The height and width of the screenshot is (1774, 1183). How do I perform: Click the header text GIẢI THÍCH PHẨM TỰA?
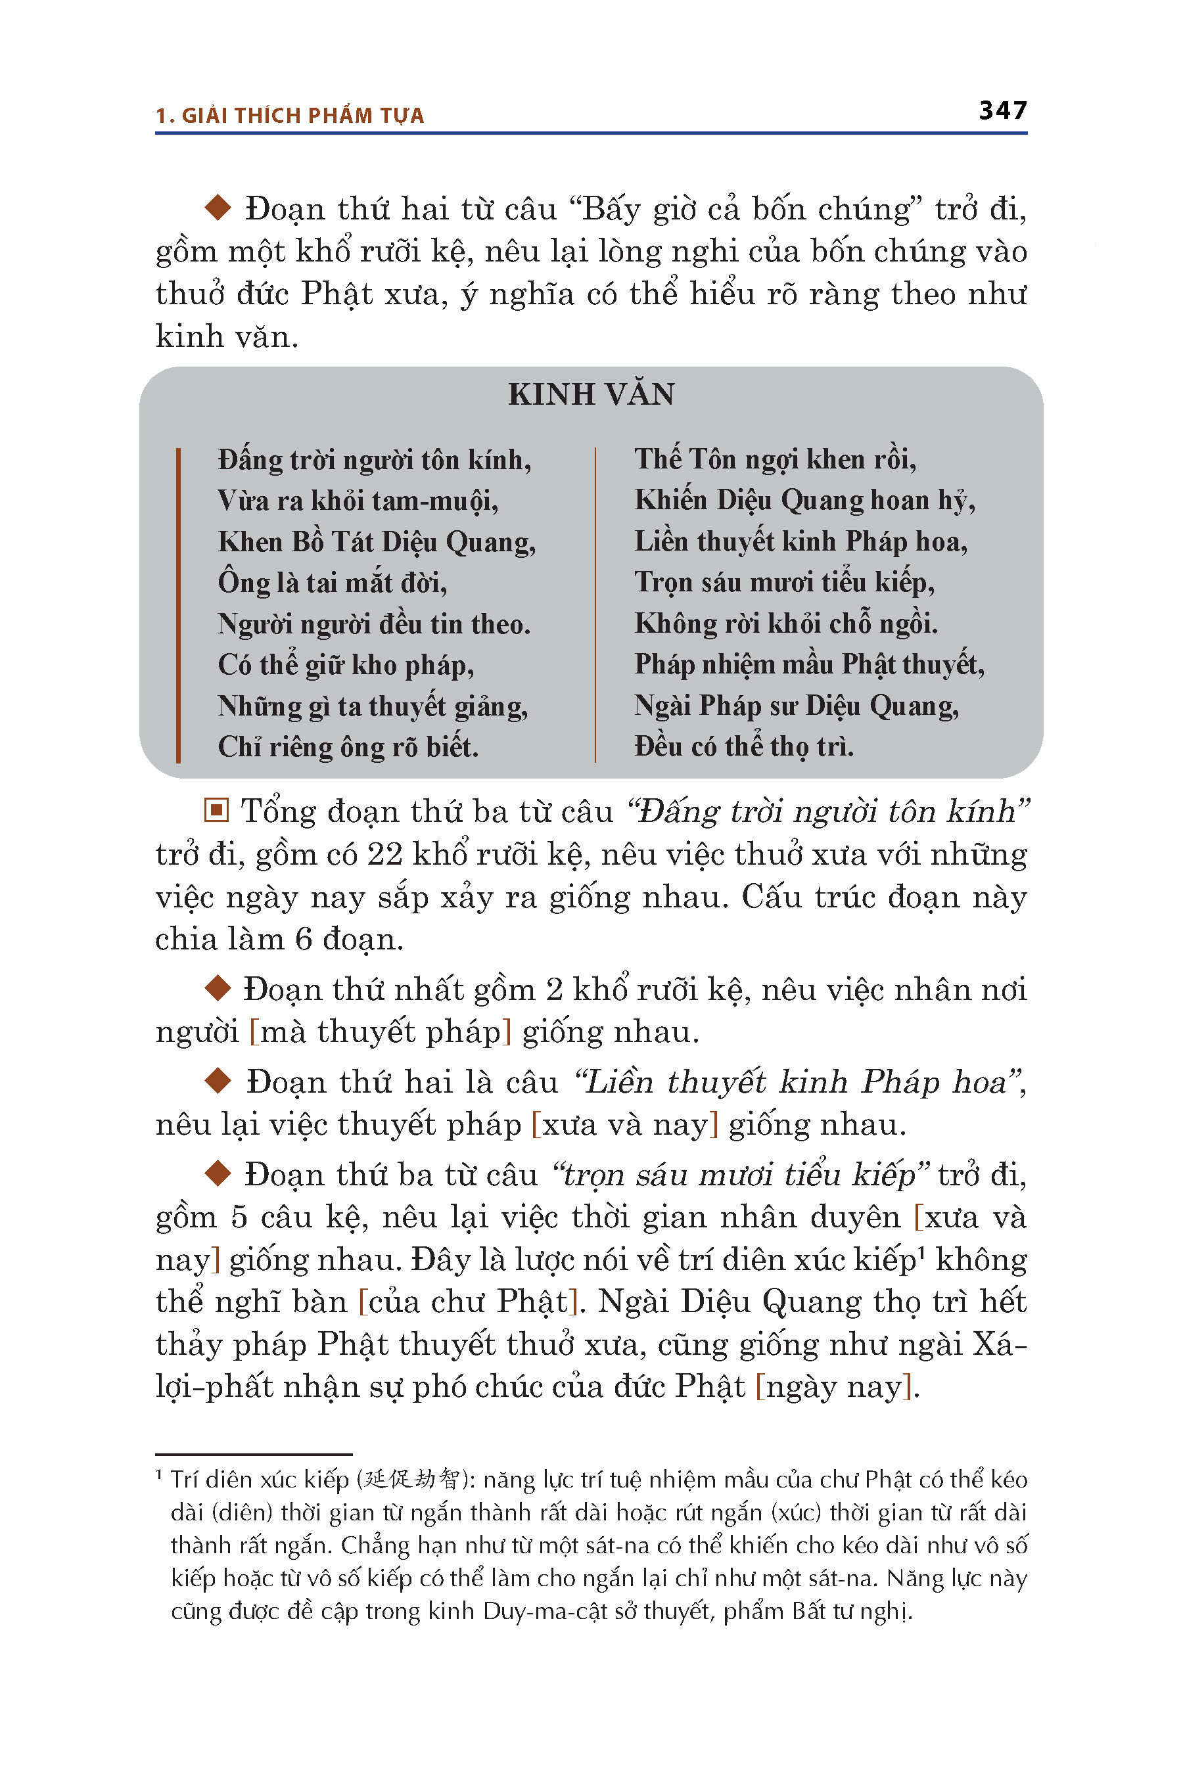click(x=302, y=116)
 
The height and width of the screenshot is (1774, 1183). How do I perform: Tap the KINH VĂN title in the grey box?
click(x=591, y=394)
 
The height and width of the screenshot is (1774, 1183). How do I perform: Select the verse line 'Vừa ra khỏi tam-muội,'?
click(x=358, y=501)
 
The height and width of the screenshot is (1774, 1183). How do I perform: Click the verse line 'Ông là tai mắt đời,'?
click(x=332, y=583)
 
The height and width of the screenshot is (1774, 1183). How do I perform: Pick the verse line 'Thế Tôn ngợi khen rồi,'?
click(x=775, y=459)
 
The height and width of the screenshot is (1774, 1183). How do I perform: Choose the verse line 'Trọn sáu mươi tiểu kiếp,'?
click(x=784, y=582)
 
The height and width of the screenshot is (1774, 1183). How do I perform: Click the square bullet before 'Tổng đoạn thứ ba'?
click(x=216, y=811)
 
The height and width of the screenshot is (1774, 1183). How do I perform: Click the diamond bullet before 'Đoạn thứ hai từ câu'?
click(x=218, y=208)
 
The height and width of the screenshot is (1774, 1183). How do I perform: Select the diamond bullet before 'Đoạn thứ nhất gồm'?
click(x=218, y=988)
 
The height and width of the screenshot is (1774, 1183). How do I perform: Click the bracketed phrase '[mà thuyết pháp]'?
click(x=381, y=1032)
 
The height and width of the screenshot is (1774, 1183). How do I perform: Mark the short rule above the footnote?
click(x=254, y=1453)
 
